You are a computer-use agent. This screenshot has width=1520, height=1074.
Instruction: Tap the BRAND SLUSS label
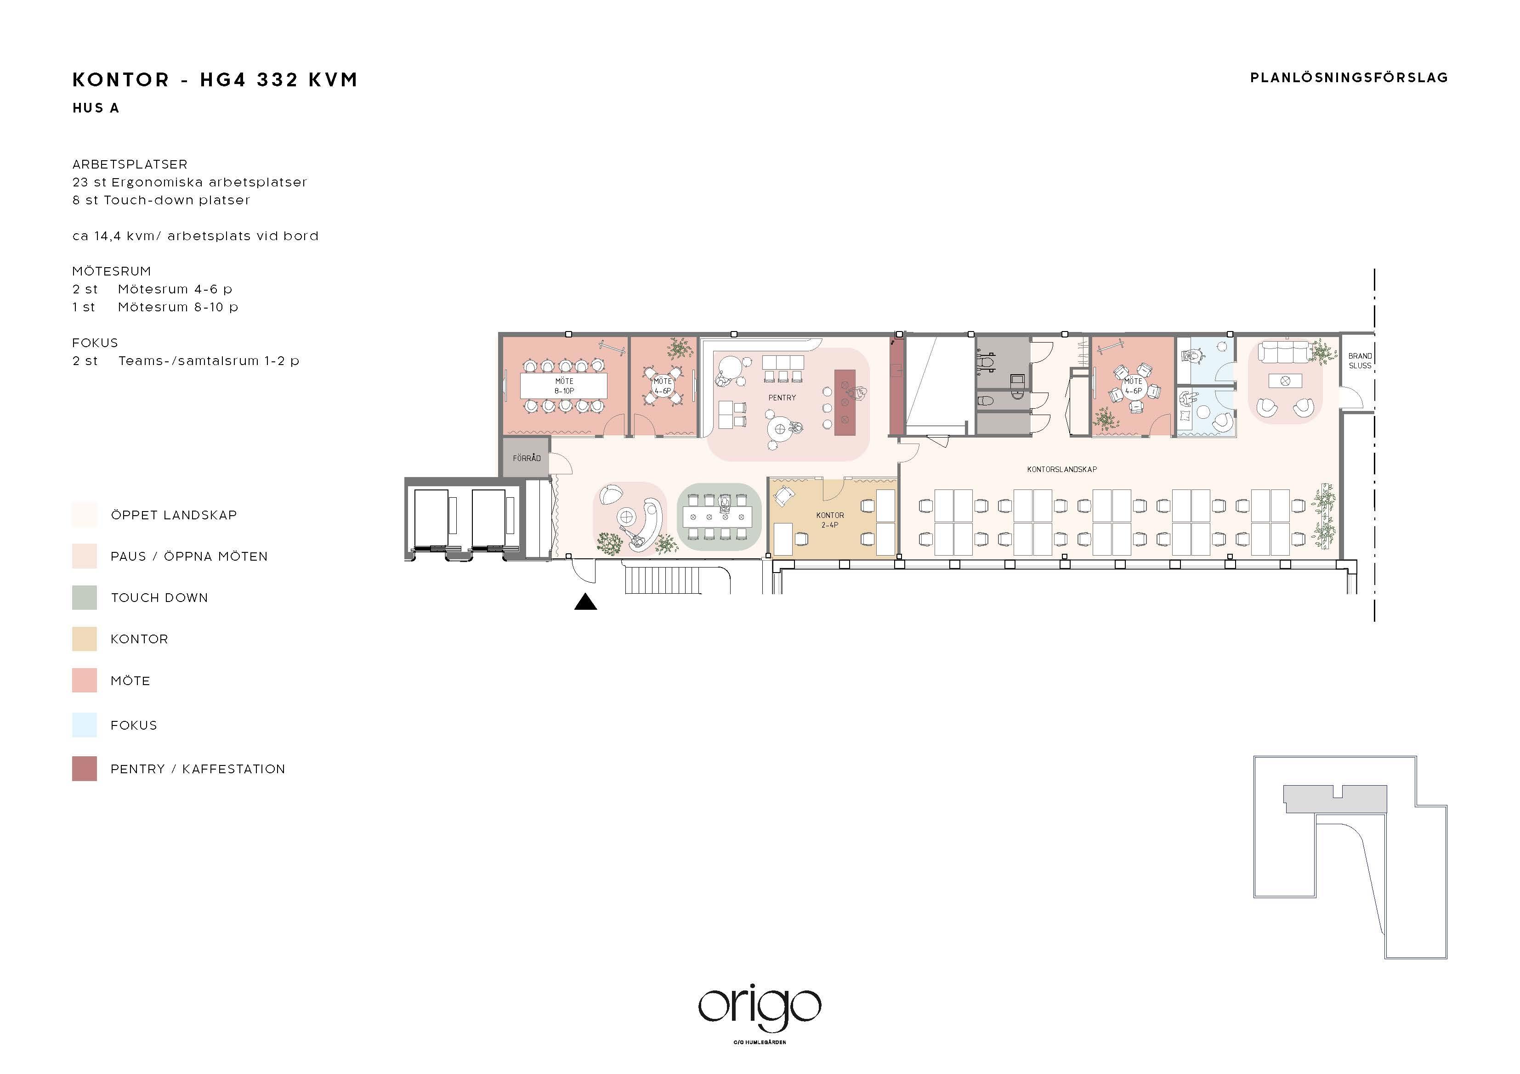pyautogui.click(x=1360, y=360)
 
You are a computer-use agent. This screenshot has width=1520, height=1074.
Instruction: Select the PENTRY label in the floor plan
pyautogui.click(x=782, y=398)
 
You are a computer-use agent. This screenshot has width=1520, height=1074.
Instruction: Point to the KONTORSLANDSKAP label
pyautogui.click(x=1062, y=469)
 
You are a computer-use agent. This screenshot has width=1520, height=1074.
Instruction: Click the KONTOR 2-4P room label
pyautogui.click(x=830, y=519)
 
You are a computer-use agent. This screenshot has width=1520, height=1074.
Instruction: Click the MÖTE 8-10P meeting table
pyautogui.click(x=564, y=386)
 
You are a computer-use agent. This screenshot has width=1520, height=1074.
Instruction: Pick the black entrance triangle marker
pyautogui.click(x=585, y=602)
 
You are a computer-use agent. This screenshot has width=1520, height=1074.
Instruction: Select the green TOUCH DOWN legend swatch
pyautogui.click(x=85, y=597)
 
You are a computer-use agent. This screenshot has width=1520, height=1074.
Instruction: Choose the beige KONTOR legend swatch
pyautogui.click(x=85, y=639)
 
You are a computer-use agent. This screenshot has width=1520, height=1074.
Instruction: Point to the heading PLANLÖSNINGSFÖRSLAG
pyautogui.click(x=1349, y=78)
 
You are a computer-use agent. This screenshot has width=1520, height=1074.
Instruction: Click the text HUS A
pyautogui.click(x=96, y=108)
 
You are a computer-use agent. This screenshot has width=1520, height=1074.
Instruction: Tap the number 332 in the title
pyautogui.click(x=278, y=80)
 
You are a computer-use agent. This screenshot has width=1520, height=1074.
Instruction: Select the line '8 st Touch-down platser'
pyautogui.click(x=162, y=200)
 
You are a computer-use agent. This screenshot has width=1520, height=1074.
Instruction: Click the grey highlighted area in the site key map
pyautogui.click(x=1335, y=798)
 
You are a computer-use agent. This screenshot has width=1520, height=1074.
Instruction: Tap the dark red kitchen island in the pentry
pyautogui.click(x=845, y=402)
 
